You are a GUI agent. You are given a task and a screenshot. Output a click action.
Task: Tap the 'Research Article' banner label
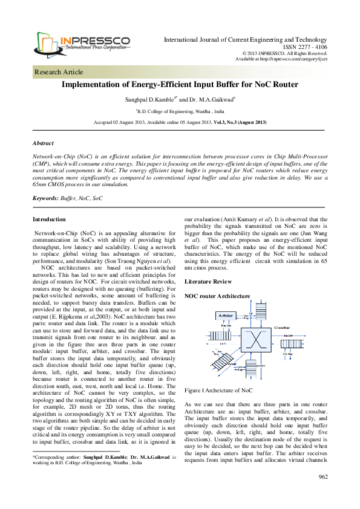pos(59,72)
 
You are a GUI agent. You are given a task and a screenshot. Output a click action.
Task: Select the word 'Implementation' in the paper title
pos(91,85)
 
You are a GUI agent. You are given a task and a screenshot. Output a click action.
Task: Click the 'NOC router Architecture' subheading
pos(217,296)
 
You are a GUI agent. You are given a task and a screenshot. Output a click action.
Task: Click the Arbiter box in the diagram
pos(226,315)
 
